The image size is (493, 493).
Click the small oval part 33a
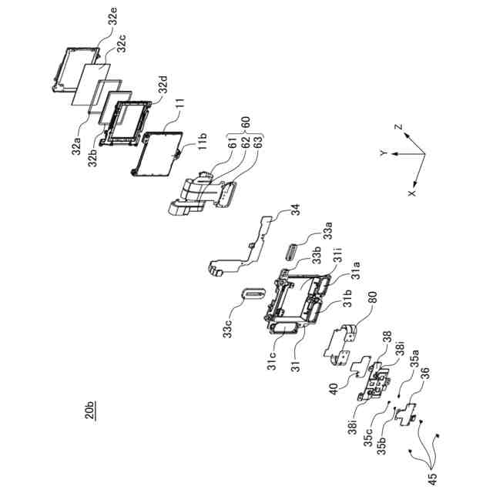tap(295, 253)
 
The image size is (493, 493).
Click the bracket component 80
tap(341, 342)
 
